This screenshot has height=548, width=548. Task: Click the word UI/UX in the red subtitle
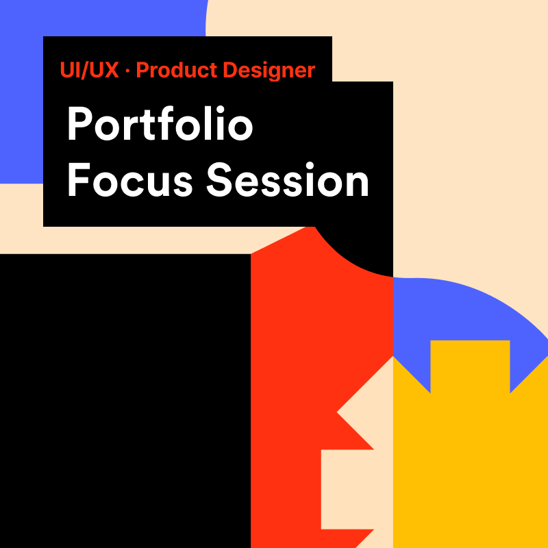tap(89, 70)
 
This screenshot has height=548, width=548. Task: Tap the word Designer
tap(269, 71)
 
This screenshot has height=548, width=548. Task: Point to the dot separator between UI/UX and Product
tap(127, 71)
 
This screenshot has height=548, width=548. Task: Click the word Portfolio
tap(160, 123)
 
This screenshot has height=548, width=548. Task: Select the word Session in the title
tap(287, 179)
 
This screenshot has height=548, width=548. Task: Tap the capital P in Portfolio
tap(79, 124)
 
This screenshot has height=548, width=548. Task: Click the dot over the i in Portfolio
tap(220, 109)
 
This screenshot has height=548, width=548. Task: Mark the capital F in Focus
tap(79, 179)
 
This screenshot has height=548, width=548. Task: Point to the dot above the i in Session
tap(310, 166)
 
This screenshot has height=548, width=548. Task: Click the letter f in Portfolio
tap(164, 123)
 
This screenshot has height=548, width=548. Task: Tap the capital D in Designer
tap(230, 70)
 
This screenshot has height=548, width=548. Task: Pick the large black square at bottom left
tap(125, 401)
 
